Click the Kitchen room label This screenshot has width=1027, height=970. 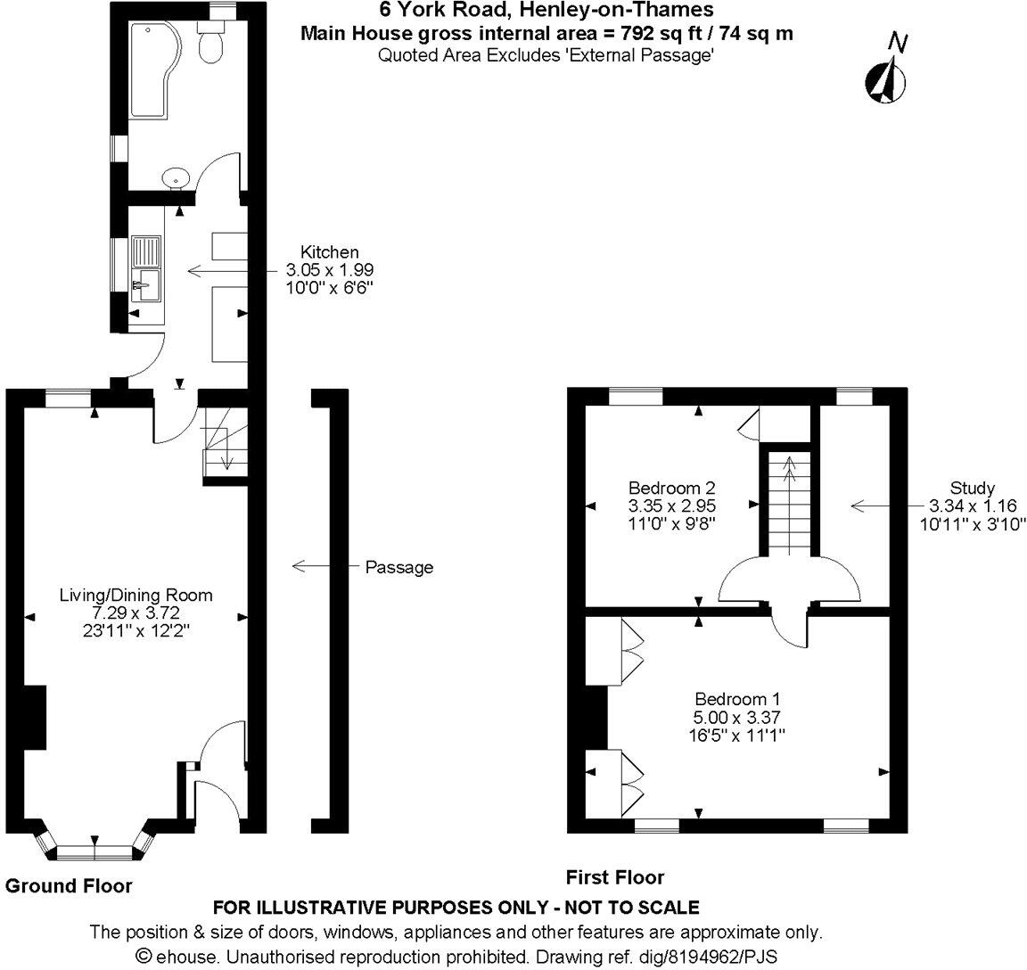click(329, 252)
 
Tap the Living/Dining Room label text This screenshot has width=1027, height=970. click(136, 595)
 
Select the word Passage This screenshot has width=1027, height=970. click(399, 567)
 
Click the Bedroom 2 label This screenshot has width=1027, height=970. click(671, 488)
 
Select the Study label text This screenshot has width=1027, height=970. click(972, 488)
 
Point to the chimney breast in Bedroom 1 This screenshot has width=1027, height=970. click(596, 718)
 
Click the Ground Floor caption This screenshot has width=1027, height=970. click(69, 885)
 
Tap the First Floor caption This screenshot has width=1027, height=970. click(615, 877)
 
